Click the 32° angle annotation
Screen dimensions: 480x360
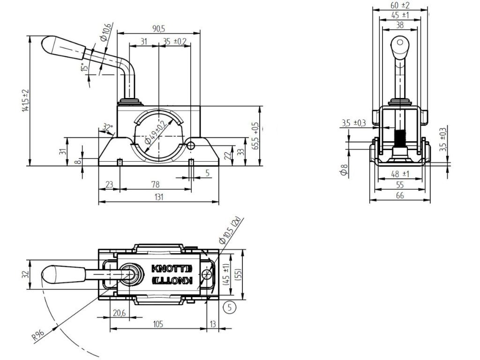click(107, 127)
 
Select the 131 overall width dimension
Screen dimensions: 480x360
click(158, 197)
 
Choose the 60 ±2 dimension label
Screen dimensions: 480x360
click(400, 5)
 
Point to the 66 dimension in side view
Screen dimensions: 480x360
click(400, 195)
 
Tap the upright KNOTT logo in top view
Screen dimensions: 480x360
click(172, 269)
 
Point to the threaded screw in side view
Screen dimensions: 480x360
click(400, 138)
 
